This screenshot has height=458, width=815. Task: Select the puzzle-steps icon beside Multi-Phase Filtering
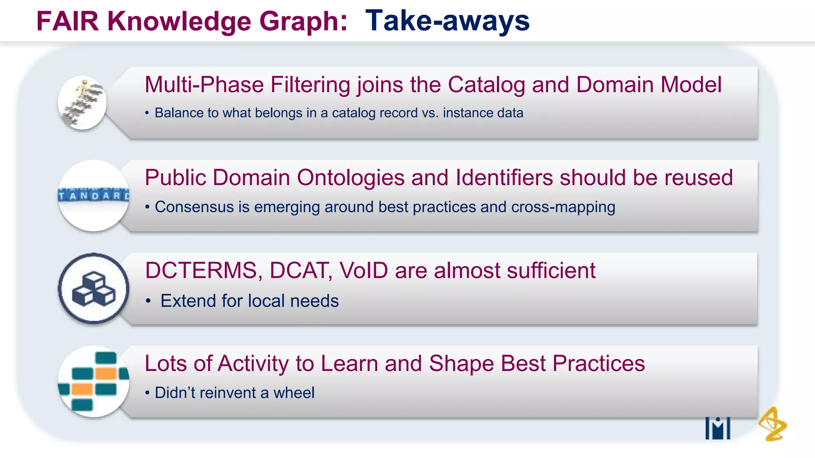pos(82,103)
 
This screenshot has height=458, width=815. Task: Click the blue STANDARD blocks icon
pos(94,195)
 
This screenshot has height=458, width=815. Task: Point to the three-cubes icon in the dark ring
pos(94,289)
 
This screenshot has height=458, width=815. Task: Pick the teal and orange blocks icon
pos(94,381)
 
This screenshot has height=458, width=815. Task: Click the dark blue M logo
pos(718,429)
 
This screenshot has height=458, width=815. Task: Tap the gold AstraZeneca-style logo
pos(772,424)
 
